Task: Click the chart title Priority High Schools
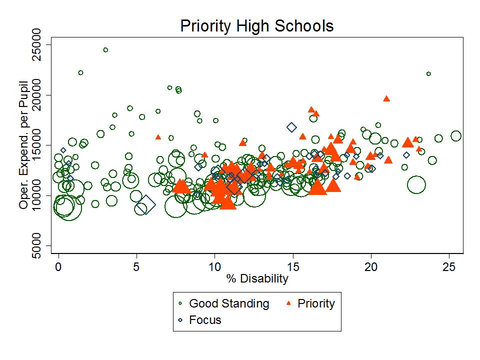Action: (256, 26)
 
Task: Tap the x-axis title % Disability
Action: (256, 278)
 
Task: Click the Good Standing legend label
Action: (229, 303)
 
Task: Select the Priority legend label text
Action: (316, 303)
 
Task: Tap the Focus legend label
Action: (205, 320)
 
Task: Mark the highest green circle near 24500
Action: (105, 50)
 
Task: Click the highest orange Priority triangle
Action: (386, 98)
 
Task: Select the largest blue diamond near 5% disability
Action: (146, 204)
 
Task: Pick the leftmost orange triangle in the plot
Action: (158, 137)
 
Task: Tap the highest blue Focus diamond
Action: (291, 127)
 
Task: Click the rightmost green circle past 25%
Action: (455, 136)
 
